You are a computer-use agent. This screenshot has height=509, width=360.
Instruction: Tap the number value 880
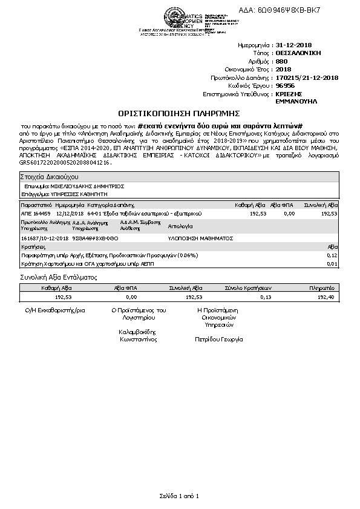(x=281, y=61)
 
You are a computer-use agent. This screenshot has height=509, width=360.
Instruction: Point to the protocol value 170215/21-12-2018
(x=307, y=77)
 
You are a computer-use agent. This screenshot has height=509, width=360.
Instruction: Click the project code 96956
(x=285, y=86)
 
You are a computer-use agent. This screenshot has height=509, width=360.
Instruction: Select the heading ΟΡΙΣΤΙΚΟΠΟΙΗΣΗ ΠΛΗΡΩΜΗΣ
(x=179, y=113)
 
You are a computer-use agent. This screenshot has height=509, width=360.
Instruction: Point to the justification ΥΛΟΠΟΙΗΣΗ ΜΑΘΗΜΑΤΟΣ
(x=200, y=239)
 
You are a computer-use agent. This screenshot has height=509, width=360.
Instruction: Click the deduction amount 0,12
(x=332, y=255)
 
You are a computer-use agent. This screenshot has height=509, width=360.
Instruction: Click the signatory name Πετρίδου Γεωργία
(x=218, y=340)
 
